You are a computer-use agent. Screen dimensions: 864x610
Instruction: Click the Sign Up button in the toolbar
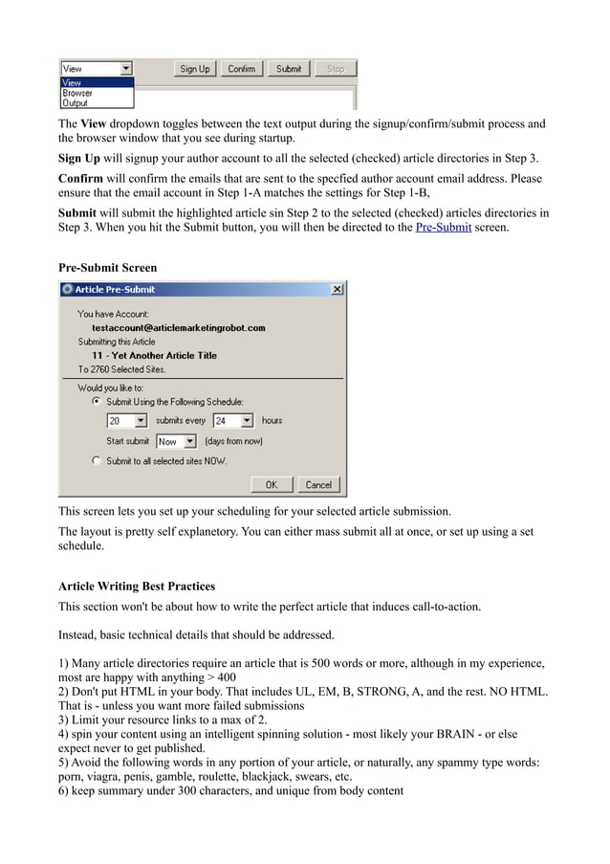click(x=195, y=69)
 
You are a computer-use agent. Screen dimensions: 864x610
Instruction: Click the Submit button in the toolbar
click(x=289, y=69)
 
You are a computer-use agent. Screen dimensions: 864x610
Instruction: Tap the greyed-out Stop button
click(x=336, y=69)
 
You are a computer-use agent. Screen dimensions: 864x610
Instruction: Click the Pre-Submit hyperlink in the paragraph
click(x=443, y=228)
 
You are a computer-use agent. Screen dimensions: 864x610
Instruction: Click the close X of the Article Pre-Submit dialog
click(x=338, y=290)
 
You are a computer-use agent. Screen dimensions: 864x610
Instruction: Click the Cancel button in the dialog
click(x=318, y=485)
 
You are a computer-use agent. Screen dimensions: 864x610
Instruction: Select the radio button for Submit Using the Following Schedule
click(x=97, y=402)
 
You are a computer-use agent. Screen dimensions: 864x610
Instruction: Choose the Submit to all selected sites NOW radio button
click(x=97, y=461)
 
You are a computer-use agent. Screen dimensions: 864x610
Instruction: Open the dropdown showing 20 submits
click(x=141, y=421)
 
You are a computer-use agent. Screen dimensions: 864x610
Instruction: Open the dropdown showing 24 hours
click(x=247, y=421)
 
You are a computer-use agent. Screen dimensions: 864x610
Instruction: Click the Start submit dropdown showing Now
click(x=189, y=442)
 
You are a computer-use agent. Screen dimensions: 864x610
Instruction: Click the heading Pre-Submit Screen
click(x=107, y=267)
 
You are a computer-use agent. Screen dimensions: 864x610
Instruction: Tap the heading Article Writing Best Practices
click(x=137, y=586)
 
